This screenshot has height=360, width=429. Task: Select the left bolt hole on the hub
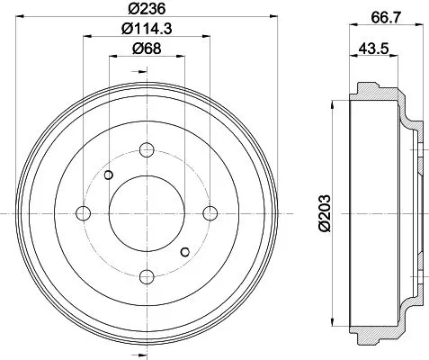coord(85,212)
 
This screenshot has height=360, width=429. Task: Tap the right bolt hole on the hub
coord(210,212)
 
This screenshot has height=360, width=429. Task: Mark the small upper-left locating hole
coord(109,175)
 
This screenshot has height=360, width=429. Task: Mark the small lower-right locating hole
coord(185,251)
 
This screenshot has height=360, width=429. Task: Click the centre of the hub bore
coord(147,212)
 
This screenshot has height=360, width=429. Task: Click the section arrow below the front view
coord(147,351)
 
